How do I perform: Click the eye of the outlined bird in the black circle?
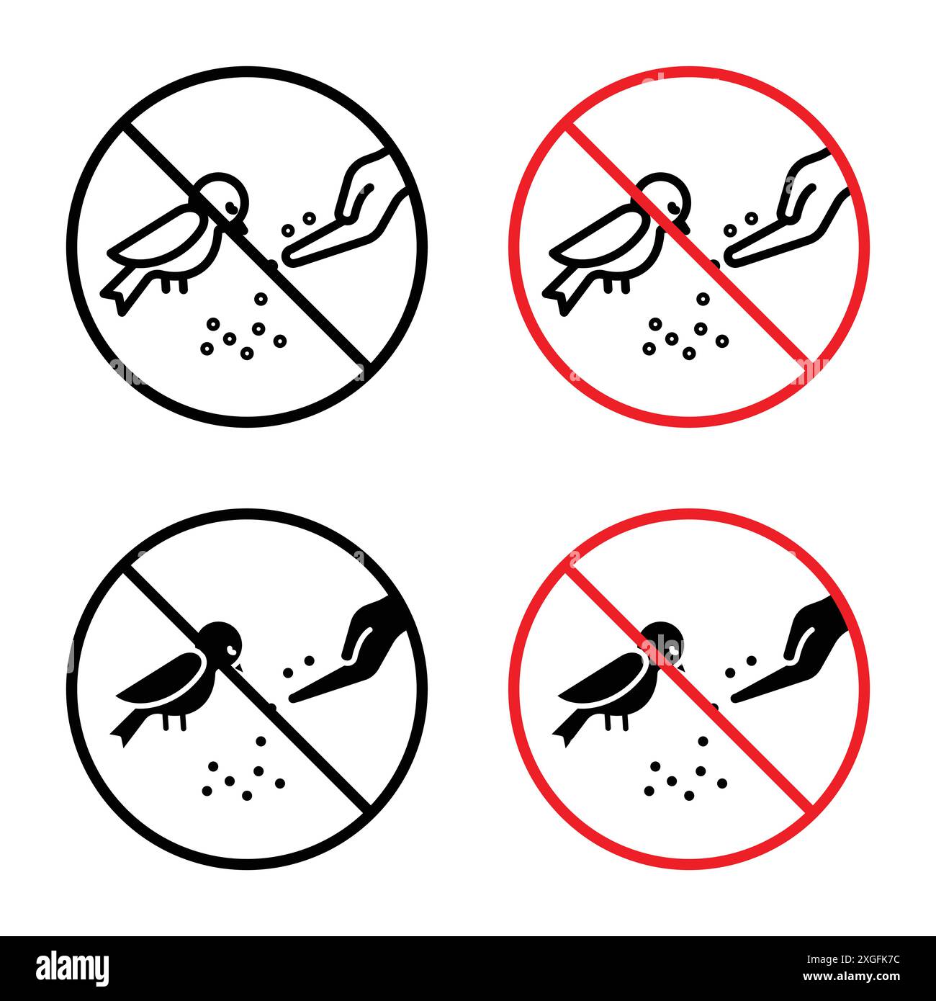tap(231, 207)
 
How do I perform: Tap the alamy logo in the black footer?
tap(73, 967)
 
